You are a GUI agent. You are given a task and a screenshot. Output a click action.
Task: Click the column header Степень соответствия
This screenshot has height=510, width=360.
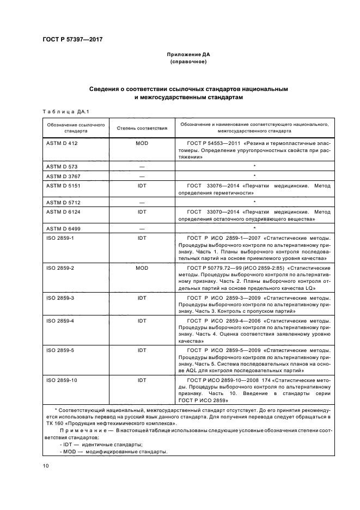pyautogui.click(x=142, y=128)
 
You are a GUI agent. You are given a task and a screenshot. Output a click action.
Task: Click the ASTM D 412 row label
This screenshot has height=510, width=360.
pyautogui.click(x=60, y=143)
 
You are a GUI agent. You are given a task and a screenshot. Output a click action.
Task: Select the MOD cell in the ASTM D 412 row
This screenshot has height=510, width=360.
pyautogui.click(x=142, y=143)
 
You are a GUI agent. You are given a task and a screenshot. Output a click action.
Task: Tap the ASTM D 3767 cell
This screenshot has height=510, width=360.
pyautogui.click(x=62, y=175)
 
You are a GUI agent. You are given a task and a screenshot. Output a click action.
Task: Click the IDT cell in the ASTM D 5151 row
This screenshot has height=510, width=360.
pyautogui.click(x=142, y=186)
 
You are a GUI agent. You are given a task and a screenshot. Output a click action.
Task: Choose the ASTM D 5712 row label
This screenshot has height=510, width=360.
pyautogui.click(x=62, y=202)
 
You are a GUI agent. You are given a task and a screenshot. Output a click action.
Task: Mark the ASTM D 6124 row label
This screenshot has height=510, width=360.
pyautogui.click(x=62, y=212)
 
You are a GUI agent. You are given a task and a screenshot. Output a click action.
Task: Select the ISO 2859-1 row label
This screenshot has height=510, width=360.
pyautogui.click(x=59, y=238)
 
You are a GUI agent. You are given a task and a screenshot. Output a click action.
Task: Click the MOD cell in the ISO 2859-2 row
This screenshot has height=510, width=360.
pyautogui.click(x=142, y=269)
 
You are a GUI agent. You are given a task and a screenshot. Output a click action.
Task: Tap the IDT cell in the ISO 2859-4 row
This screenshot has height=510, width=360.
pyautogui.click(x=142, y=320)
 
